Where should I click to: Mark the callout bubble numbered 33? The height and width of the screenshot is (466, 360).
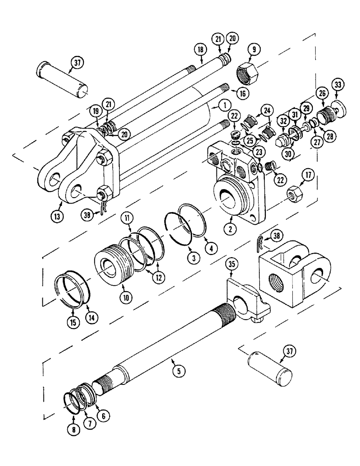click(x=337, y=85)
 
